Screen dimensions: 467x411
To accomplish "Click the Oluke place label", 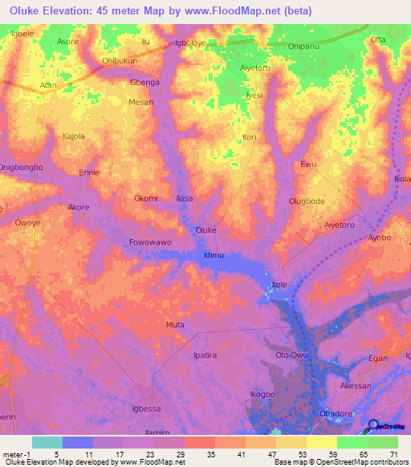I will [x=206, y=229].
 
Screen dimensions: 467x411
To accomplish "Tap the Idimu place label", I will [x=214, y=255].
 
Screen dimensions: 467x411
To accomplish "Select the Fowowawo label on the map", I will [x=150, y=242].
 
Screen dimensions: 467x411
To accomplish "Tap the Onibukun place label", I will [x=120, y=60].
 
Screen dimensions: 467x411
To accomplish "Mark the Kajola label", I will [x=74, y=136].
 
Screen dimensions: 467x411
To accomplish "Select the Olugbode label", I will [x=306, y=201].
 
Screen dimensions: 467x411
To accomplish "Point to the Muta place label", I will [x=174, y=325].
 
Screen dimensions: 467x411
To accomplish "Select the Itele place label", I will [x=279, y=285].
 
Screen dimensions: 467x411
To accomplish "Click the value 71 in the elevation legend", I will [x=393, y=453].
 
